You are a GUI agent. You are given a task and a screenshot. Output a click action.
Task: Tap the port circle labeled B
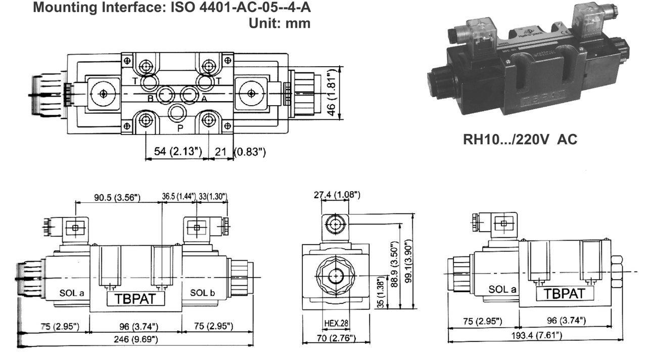pos(165,94)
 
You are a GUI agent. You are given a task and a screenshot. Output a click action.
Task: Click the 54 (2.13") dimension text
pos(174,151)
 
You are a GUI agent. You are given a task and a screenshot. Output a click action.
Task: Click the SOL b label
pos(203,292)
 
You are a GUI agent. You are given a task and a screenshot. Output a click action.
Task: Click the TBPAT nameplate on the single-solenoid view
pos(564,293)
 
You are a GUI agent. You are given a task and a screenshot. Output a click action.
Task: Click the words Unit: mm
pos(280,23)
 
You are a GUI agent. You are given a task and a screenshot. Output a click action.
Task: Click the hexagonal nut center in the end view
pos(334,276)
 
